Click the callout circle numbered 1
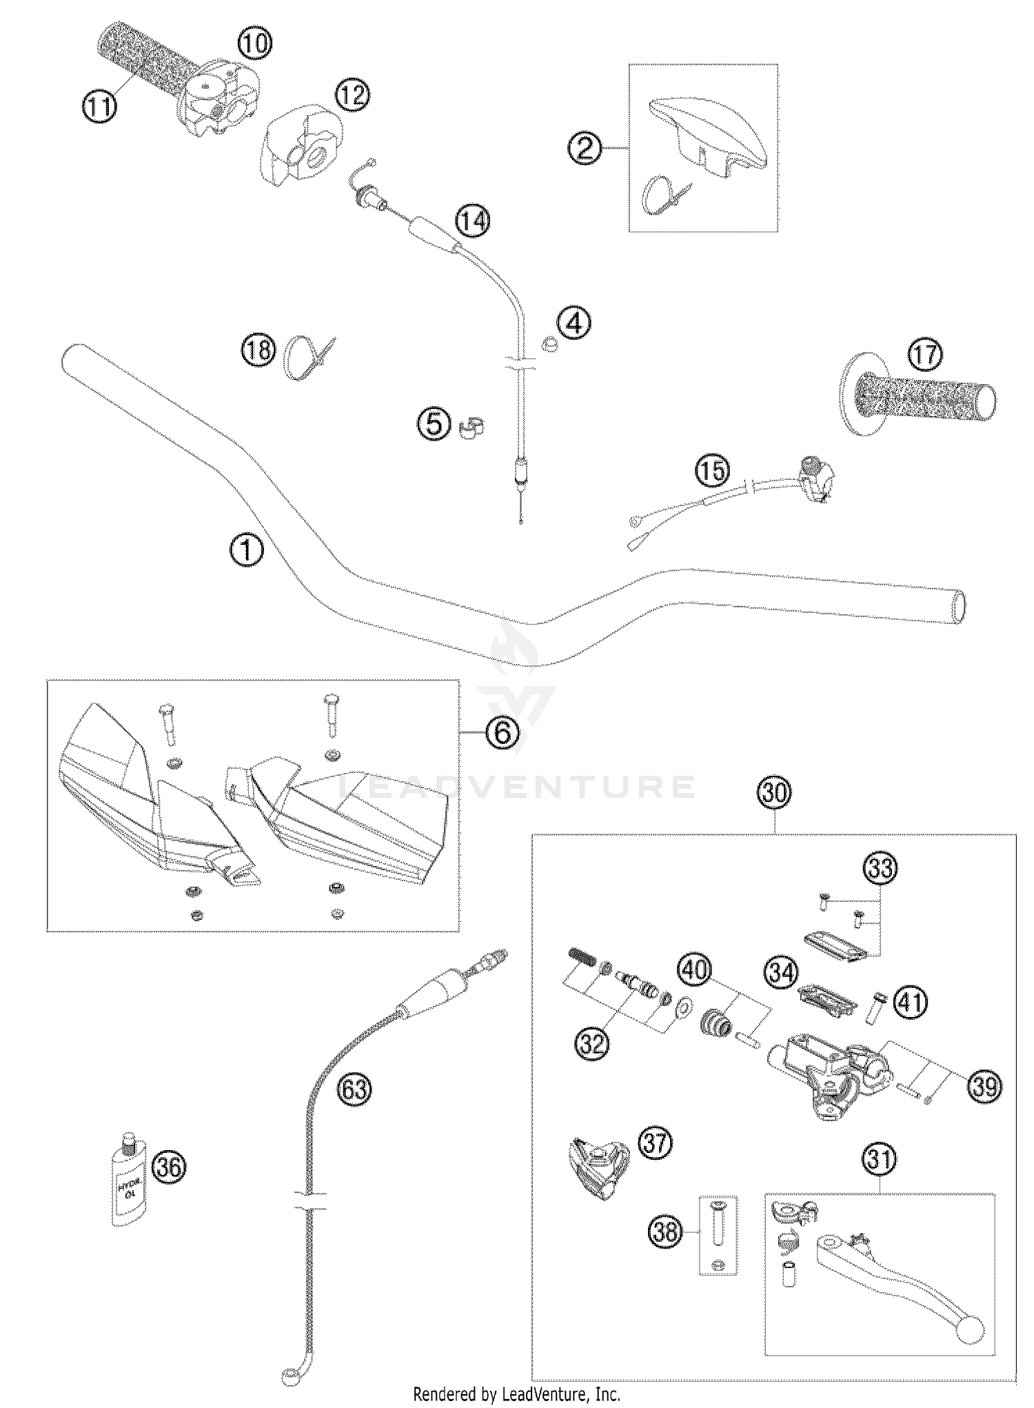point(246,552)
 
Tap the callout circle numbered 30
point(774,793)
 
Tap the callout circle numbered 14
point(473,221)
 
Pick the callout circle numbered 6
point(503,733)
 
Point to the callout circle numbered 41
point(910,1001)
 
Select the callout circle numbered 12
point(352,95)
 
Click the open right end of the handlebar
point(958,607)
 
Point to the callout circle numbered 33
point(881,868)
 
